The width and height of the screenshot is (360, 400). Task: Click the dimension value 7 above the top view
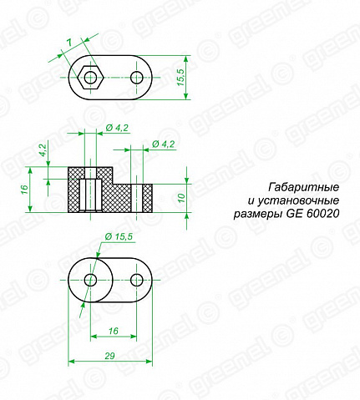click(x=69, y=43)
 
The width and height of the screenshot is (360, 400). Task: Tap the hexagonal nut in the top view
click(x=90, y=78)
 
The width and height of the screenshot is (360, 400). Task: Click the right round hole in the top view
click(x=137, y=78)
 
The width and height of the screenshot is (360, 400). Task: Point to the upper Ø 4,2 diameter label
click(x=117, y=128)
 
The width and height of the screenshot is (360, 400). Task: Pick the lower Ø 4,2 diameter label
click(x=164, y=144)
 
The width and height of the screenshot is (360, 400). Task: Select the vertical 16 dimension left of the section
click(x=24, y=190)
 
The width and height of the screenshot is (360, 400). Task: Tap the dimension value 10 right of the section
click(x=181, y=198)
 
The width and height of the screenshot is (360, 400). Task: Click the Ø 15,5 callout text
click(x=119, y=236)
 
